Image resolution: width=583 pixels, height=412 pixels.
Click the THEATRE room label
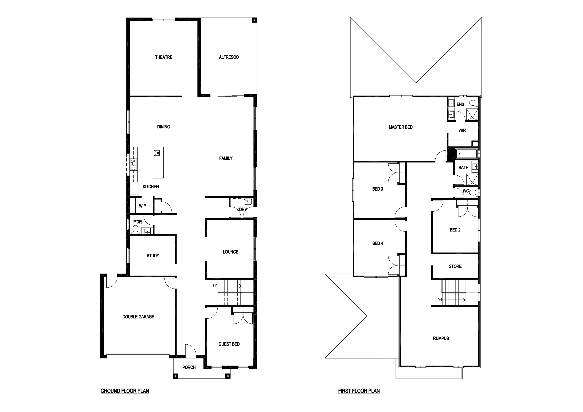tap(164, 57)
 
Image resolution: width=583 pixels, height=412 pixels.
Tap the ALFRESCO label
tap(229, 57)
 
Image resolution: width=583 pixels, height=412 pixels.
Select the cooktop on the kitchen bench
tap(133, 164)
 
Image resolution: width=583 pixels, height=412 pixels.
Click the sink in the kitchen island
tap(157, 153)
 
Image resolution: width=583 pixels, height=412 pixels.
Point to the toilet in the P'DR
tap(136, 230)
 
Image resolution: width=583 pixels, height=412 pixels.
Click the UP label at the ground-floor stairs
tap(215, 286)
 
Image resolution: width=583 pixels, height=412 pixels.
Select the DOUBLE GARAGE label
tap(138, 317)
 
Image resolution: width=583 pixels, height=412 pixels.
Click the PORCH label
tap(189, 367)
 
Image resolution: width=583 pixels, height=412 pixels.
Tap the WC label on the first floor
tap(466, 191)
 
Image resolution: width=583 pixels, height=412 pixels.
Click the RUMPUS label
tap(441, 339)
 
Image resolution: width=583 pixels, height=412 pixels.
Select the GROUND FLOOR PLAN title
tap(125, 391)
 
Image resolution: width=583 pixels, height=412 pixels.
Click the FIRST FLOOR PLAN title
tap(359, 391)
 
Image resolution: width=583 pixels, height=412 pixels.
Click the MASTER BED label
tap(401, 127)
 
